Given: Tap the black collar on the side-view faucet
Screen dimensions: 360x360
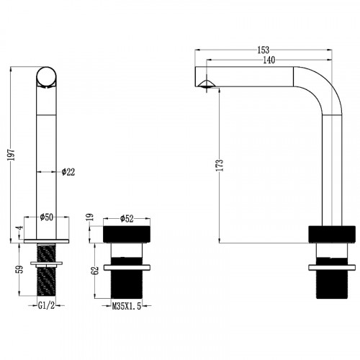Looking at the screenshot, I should click(x=332, y=234).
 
